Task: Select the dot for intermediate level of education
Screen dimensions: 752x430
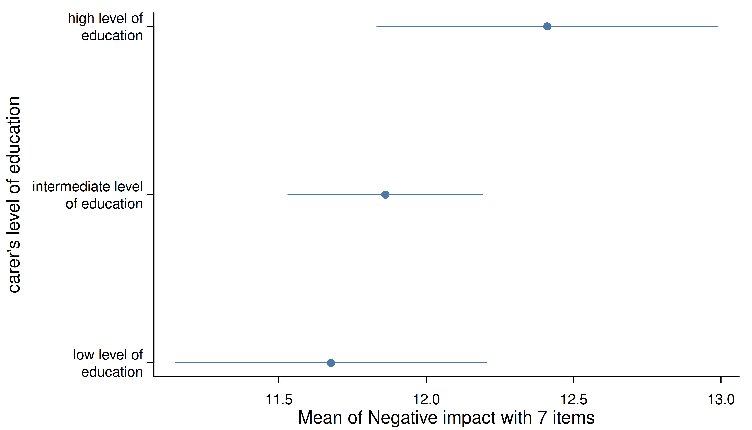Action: pos(385,195)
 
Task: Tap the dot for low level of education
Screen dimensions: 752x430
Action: pos(331,363)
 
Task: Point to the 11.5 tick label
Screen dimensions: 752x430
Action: pos(279,400)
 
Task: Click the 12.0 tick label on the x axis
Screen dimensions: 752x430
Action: pos(426,400)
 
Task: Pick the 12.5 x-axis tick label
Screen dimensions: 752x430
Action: pos(573,400)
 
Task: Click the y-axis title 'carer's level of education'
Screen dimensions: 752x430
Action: pos(14,195)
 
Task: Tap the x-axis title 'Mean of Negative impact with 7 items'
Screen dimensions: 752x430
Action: pos(446,418)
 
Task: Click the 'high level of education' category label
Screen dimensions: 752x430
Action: pos(105,27)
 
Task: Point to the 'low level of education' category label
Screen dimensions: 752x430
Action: pos(108,363)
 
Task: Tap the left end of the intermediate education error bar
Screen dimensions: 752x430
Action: pos(288,195)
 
